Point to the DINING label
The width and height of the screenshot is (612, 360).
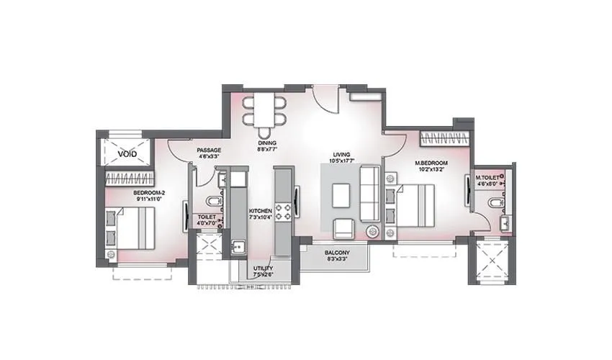267,143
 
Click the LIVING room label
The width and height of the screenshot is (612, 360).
341,154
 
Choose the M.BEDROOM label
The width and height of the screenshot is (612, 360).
432,163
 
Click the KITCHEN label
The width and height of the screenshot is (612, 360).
260,210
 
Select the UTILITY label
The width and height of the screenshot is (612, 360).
262,269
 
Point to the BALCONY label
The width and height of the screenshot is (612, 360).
337,252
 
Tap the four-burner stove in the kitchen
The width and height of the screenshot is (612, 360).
284,210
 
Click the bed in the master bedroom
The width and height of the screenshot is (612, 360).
414,204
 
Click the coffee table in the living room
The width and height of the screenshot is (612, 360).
341,194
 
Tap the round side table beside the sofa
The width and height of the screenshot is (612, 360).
372,231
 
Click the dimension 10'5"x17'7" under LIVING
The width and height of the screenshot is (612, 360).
341,161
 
